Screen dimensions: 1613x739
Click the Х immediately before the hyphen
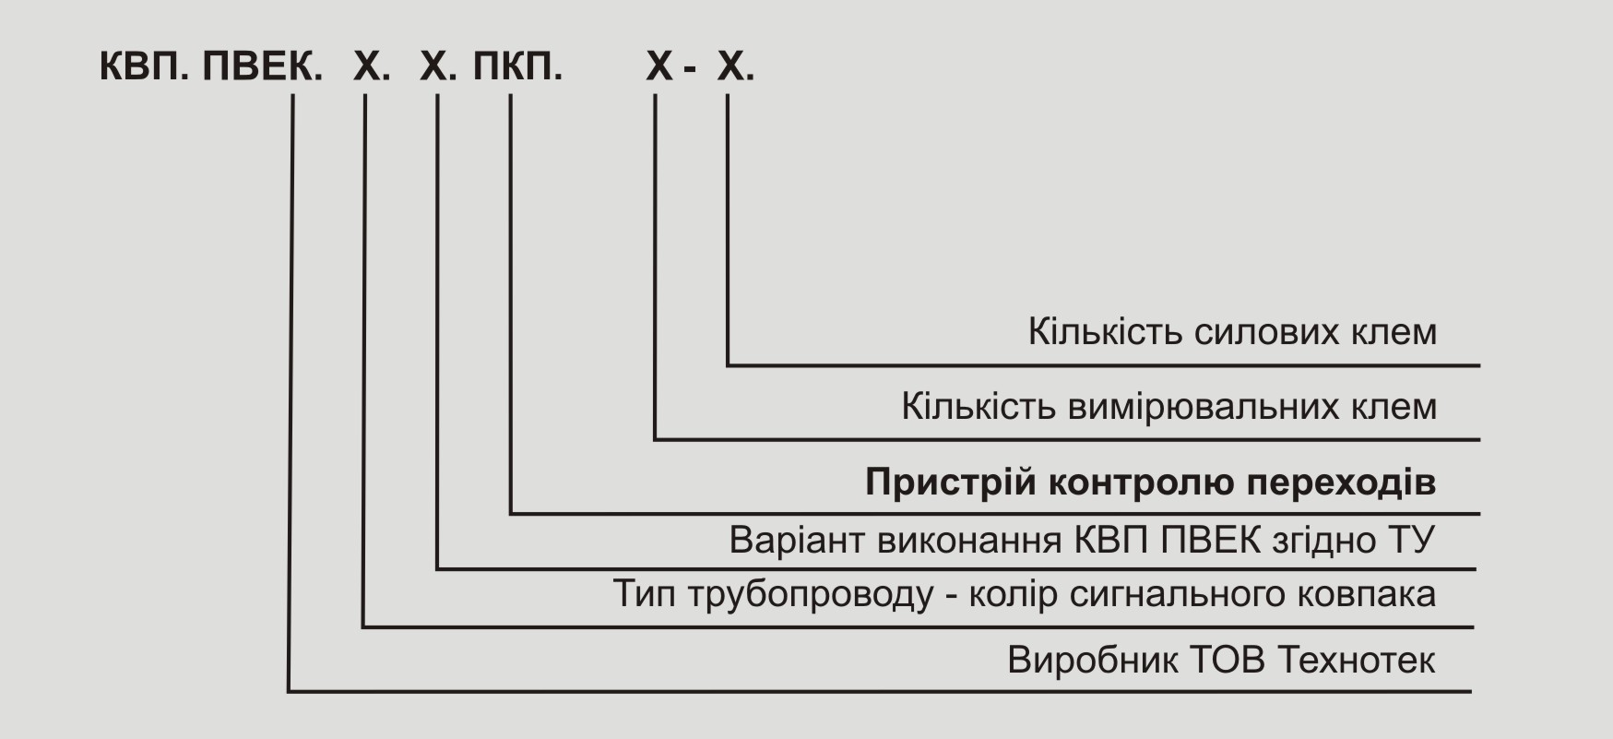click(659, 66)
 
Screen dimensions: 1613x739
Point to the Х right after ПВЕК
click(368, 66)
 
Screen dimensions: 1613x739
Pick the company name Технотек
click(1358, 662)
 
